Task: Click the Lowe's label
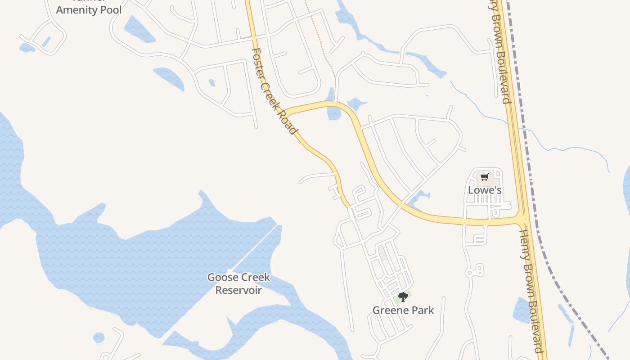[485, 190]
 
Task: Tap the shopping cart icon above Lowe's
[484, 177]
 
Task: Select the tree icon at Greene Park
[403, 297]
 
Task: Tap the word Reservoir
[238, 290]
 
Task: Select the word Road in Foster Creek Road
[289, 123]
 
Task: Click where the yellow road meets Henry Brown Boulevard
[522, 219]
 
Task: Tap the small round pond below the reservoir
[99, 337]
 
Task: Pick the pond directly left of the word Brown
[522, 310]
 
